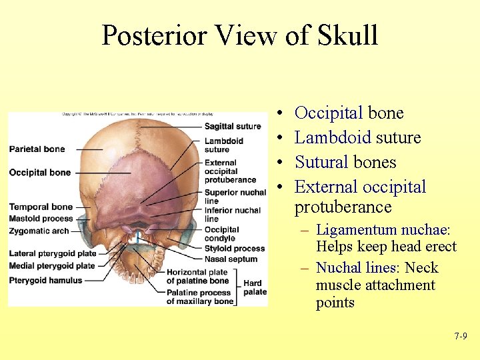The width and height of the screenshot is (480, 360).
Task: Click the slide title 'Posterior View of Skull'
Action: point(240,35)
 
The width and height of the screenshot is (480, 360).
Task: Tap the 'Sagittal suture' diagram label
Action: point(233,126)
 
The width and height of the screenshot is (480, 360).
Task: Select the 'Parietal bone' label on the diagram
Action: point(37,149)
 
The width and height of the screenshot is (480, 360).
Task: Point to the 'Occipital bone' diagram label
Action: point(40,173)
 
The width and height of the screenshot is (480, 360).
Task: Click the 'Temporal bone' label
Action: point(41,207)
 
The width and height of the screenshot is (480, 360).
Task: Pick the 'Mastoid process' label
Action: point(41,218)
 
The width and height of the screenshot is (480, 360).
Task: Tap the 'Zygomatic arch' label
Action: point(39,231)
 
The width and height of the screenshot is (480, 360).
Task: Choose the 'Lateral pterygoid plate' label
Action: point(53,254)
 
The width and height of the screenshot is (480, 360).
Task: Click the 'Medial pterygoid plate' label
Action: point(52,265)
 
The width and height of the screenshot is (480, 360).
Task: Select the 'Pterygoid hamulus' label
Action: point(46,280)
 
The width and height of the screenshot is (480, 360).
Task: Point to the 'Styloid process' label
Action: point(235,249)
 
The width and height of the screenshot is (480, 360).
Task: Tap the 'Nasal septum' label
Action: point(231,259)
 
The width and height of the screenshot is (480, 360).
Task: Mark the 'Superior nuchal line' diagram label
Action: point(235,197)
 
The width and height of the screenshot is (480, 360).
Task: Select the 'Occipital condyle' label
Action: point(222,234)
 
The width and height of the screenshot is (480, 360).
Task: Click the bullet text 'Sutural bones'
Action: point(345,162)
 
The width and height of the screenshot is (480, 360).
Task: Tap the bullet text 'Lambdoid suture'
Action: point(358,137)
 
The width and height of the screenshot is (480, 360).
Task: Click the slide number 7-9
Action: point(461,337)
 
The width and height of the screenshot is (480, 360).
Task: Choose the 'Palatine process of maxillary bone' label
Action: point(200,297)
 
